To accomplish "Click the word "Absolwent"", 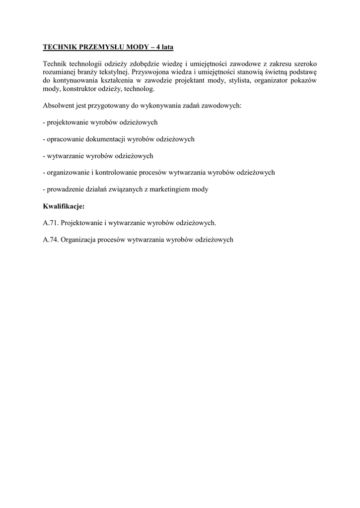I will coord(58,106).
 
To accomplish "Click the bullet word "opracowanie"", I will coord(65,139).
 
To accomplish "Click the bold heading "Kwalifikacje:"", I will coord(64,205).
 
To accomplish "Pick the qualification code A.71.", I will coord(51,222).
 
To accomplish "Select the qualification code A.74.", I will coord(51,239).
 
